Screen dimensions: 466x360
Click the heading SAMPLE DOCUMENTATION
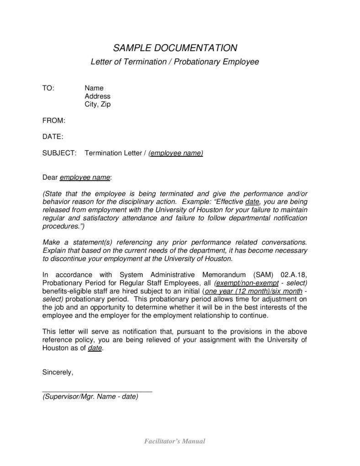point(175,48)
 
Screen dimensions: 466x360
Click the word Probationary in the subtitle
point(197,61)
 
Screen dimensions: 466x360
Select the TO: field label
point(48,88)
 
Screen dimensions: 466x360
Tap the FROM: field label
point(53,121)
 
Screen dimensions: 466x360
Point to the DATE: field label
point(53,137)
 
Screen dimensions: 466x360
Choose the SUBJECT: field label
point(59,153)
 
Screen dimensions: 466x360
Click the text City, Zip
point(97,104)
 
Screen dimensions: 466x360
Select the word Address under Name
point(97,96)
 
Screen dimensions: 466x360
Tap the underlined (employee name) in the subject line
point(176,153)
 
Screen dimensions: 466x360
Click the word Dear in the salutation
point(50,177)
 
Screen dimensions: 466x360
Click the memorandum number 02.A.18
point(292,275)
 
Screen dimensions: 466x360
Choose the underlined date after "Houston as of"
point(95,348)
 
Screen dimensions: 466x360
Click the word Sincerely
point(58,372)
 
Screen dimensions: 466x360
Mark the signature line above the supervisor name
point(97,392)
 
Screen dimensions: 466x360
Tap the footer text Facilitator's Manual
point(175,441)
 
